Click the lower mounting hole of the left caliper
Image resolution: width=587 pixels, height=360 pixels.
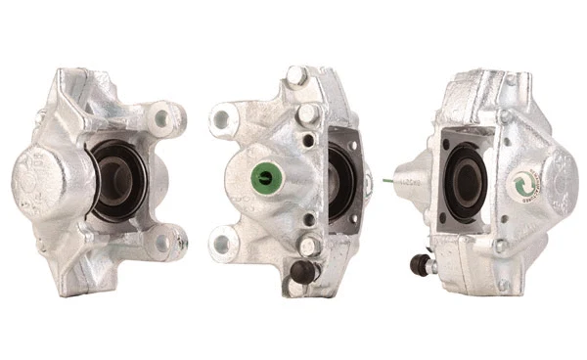[x=173, y=238]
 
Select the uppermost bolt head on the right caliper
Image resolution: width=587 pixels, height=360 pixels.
[x=505, y=117]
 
